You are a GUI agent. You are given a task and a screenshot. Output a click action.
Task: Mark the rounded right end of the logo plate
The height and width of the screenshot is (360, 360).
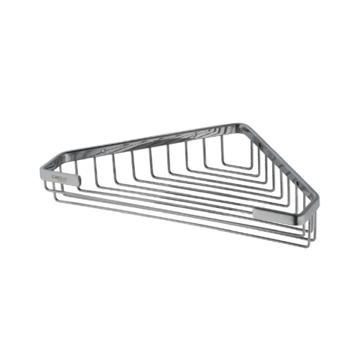coord(79,178)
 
